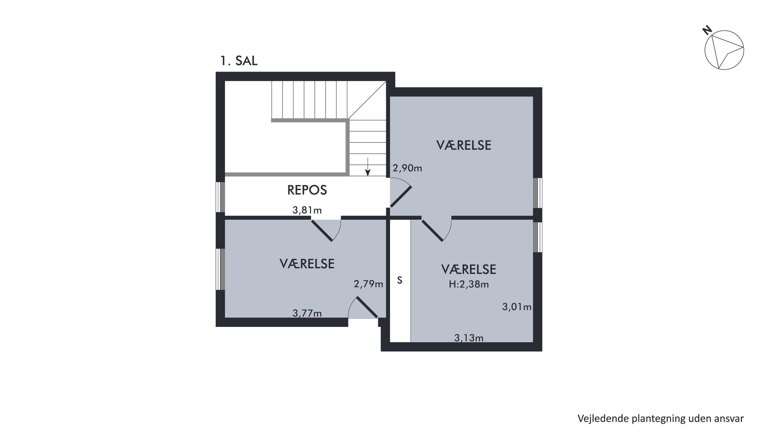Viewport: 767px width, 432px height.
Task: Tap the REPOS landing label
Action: (x=307, y=190)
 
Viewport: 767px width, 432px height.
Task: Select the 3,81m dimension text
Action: (x=307, y=210)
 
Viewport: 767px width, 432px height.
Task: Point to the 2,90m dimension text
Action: (x=407, y=168)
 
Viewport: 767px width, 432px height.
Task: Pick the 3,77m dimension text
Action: (x=307, y=313)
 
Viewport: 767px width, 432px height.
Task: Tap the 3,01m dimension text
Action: (x=517, y=307)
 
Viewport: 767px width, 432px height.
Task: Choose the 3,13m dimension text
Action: (x=469, y=338)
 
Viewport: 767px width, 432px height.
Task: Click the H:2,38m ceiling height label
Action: (x=469, y=285)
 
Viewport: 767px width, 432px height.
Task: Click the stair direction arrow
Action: (x=368, y=167)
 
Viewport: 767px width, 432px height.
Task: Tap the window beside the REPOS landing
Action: (x=220, y=197)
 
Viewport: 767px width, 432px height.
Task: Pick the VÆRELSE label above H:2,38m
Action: (x=469, y=269)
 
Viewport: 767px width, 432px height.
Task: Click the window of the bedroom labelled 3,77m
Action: (x=220, y=269)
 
